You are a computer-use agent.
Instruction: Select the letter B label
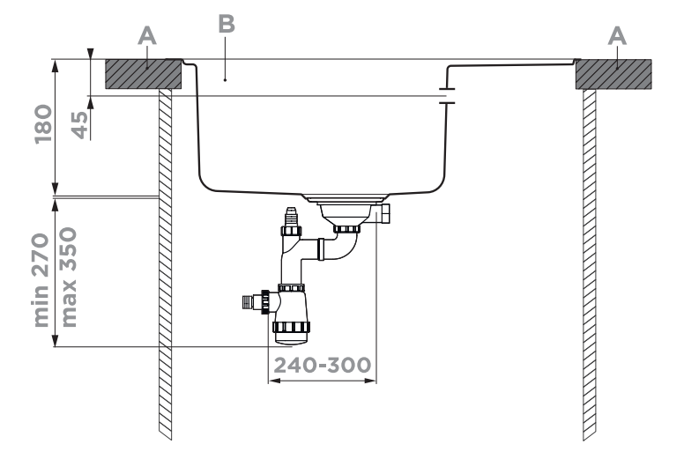[x=227, y=25]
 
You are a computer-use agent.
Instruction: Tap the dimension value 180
[x=43, y=127]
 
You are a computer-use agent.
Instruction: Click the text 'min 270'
[x=43, y=279]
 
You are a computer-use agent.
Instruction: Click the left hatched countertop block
[x=144, y=74]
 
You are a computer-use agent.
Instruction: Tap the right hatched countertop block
[x=613, y=74]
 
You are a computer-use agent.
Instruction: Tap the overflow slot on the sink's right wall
[x=446, y=95]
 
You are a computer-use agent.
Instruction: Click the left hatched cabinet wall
[x=164, y=264]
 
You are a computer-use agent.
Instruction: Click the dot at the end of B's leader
[x=227, y=79]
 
